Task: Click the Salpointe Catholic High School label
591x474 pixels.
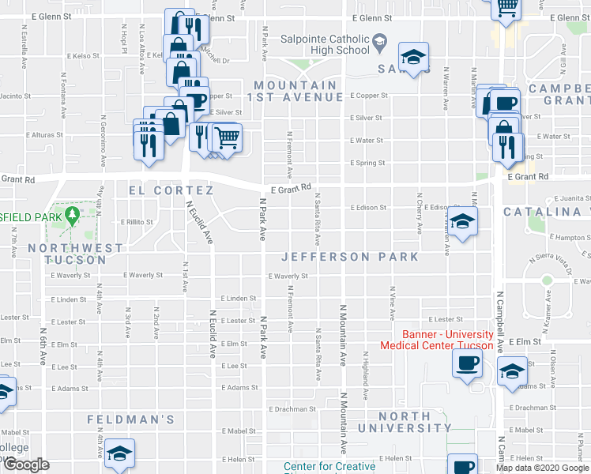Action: [x=326, y=45]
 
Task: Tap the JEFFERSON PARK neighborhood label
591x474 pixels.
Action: [x=350, y=257]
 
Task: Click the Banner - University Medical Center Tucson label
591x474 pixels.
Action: [x=437, y=340]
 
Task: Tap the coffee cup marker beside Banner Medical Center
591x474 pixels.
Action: [x=467, y=363]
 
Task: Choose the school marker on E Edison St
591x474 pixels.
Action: [x=464, y=221]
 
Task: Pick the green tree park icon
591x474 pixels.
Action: [x=72, y=214]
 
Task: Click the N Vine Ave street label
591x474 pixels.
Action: [x=392, y=297]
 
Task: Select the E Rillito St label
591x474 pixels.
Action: [x=136, y=222]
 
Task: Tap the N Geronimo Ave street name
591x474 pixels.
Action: [x=103, y=142]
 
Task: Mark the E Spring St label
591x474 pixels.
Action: [x=367, y=164]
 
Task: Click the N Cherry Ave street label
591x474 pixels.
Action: [x=419, y=213]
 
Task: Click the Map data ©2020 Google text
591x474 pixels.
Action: [x=541, y=468]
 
